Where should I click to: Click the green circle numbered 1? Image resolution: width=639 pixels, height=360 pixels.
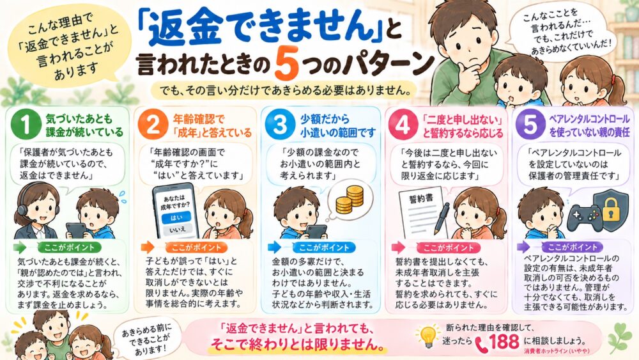pyautogui.click(x=26, y=124)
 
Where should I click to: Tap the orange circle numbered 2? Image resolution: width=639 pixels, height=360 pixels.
pyautogui.click(x=153, y=124)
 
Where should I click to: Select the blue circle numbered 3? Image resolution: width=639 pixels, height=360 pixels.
pyautogui.click(x=280, y=124)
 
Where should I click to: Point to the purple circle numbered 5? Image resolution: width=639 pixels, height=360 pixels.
pyautogui.click(x=530, y=124)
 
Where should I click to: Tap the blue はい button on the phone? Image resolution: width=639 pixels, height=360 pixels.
pyautogui.click(x=176, y=217)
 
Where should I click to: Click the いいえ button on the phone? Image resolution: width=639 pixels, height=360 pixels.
pyautogui.click(x=178, y=230)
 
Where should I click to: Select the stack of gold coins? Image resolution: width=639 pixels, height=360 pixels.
pyautogui.click(x=350, y=200)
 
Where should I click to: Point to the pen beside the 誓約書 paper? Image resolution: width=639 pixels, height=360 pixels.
pyautogui.click(x=442, y=219)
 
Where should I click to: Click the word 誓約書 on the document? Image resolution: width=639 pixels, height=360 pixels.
pyautogui.click(x=421, y=200)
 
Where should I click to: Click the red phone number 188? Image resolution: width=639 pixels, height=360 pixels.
pyautogui.click(x=505, y=341)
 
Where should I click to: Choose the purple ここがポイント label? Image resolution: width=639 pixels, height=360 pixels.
pyautogui.click(x=573, y=247)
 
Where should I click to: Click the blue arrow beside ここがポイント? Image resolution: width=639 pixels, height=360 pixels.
pyautogui.click(x=274, y=247)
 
